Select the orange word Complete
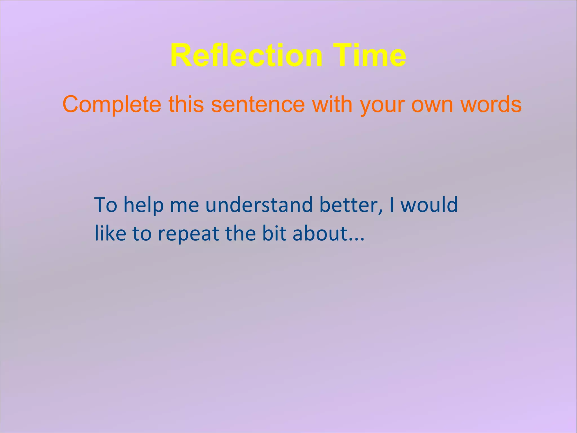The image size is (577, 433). pyautogui.click(x=112, y=104)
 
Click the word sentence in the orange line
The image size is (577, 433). pyautogui.click(x=258, y=104)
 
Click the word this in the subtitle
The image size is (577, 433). pyautogui.click(x=186, y=104)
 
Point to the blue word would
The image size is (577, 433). pyautogui.click(x=429, y=205)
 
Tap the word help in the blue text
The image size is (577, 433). pyautogui.click(x=144, y=205)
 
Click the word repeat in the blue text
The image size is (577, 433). pyautogui.click(x=188, y=234)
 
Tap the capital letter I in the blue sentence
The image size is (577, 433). pyautogui.click(x=392, y=205)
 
